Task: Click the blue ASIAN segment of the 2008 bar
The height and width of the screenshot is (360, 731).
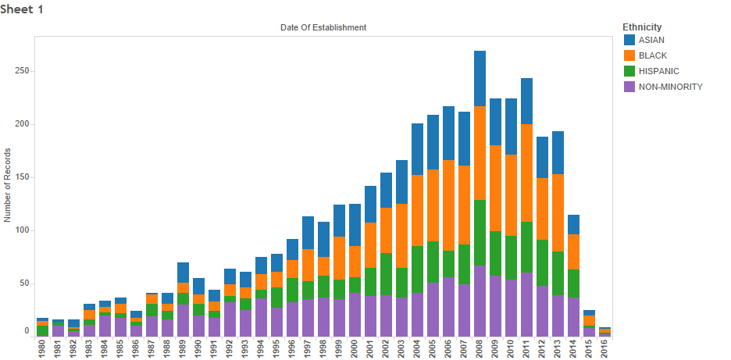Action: coord(480,78)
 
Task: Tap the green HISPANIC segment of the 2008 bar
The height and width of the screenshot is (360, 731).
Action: coord(480,233)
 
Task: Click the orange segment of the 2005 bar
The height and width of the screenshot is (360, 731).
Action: coord(433,205)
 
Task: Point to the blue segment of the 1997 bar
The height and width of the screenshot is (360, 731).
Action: coord(308,233)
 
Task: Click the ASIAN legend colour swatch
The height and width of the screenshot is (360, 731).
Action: coord(629,40)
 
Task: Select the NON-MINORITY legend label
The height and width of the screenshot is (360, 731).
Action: coord(670,87)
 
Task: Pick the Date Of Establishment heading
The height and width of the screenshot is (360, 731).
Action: coord(323,27)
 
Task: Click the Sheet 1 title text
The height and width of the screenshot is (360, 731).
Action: coord(22,8)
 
